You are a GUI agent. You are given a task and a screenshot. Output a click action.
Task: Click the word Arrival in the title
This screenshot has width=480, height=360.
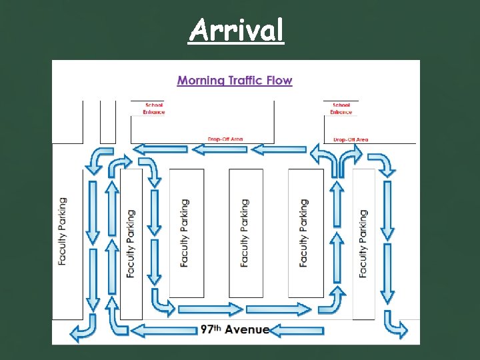(237, 30)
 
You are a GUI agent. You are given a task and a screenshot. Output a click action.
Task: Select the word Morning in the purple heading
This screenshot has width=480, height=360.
(201, 81)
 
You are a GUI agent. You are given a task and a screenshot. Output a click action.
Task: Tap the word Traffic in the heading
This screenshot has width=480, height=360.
(246, 81)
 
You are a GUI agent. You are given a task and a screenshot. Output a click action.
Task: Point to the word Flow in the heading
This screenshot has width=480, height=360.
(280, 81)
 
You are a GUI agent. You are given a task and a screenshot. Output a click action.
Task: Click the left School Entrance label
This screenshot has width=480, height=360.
(154, 109)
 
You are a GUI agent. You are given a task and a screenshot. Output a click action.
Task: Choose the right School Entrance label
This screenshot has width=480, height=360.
(341, 109)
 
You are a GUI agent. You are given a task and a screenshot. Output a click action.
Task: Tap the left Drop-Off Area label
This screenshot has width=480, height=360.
(225, 139)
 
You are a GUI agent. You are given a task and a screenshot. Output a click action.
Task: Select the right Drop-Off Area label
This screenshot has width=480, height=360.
(350, 140)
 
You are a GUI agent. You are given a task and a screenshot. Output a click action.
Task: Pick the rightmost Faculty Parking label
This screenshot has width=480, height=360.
(363, 243)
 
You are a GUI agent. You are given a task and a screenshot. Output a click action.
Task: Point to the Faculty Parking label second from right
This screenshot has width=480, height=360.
(304, 233)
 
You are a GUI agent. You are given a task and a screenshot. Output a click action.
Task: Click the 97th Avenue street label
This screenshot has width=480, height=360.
(235, 329)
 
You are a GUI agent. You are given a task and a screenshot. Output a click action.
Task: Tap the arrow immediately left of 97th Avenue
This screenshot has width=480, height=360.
(164, 330)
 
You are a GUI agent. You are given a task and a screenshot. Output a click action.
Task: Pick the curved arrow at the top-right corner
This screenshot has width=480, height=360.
(383, 164)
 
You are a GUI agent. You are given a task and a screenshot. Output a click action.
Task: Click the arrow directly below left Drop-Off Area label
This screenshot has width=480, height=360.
(220, 149)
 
